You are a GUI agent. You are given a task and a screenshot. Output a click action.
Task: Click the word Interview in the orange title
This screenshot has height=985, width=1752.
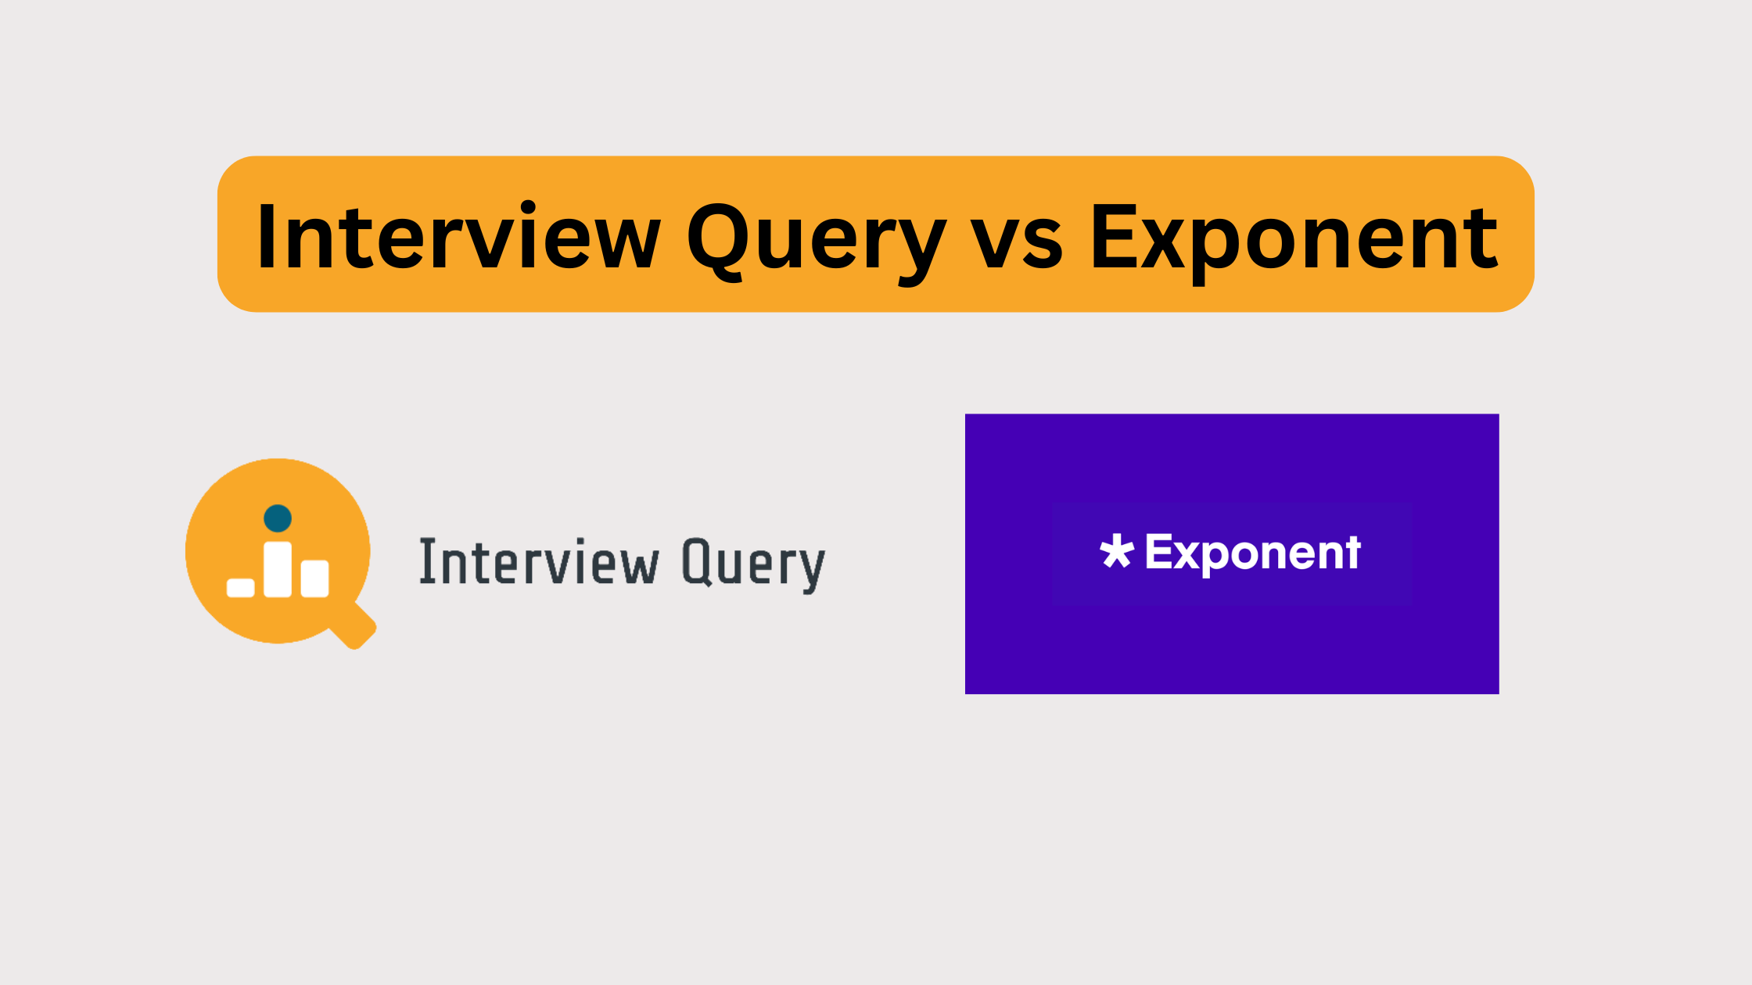click(x=458, y=236)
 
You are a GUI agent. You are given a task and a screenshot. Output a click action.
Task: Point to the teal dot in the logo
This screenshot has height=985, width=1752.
click(x=278, y=518)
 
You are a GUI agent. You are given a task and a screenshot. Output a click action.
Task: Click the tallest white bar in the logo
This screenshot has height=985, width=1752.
click(x=278, y=569)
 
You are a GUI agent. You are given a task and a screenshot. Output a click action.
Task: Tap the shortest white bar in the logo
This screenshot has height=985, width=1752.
click(x=240, y=587)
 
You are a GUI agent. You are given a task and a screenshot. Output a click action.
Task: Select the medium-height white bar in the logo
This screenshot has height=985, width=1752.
click(x=314, y=578)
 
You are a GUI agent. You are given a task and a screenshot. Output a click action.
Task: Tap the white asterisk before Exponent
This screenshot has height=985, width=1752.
click(x=1116, y=552)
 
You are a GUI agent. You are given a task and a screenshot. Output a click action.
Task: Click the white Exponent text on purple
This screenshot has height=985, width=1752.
click(x=1252, y=553)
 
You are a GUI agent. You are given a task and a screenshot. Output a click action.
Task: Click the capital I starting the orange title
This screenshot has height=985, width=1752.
click(x=267, y=236)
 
